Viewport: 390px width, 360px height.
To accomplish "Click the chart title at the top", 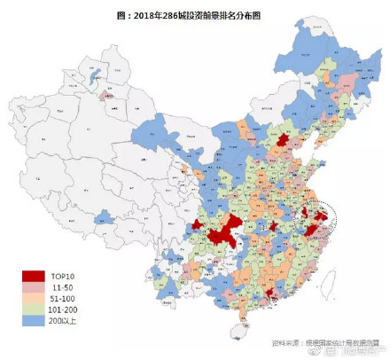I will (x=194, y=15).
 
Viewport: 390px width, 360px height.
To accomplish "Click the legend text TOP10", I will (x=66, y=277).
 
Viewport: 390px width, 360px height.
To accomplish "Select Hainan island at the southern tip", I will (x=235, y=331).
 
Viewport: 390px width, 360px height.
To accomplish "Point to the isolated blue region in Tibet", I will (x=104, y=215).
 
